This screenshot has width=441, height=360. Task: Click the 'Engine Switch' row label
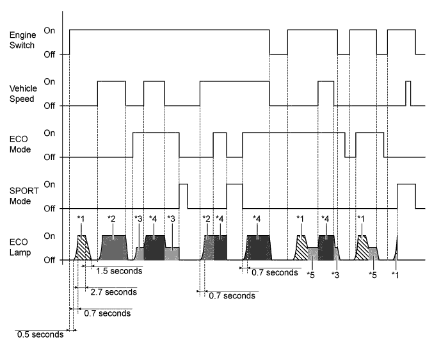(21, 42)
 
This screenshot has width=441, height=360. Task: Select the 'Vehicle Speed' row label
(22, 94)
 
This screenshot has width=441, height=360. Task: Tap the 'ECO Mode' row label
(19, 145)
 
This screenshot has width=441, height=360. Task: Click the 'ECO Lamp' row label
(19, 247)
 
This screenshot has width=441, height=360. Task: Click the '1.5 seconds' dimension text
(119, 271)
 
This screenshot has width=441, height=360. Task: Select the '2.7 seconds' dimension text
(113, 292)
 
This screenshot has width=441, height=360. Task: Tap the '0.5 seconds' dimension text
(40, 334)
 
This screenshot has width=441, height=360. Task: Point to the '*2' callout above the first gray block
(111, 219)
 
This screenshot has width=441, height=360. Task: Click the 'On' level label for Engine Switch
(49, 30)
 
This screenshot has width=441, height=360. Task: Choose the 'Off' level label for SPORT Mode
(49, 209)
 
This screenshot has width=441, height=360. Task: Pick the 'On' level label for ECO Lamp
(49, 236)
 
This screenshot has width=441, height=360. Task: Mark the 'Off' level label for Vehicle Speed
(49, 106)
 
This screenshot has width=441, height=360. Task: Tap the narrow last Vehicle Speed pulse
(408, 93)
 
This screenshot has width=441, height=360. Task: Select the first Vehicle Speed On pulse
(111, 93)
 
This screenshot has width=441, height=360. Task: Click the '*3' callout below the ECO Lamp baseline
(335, 275)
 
